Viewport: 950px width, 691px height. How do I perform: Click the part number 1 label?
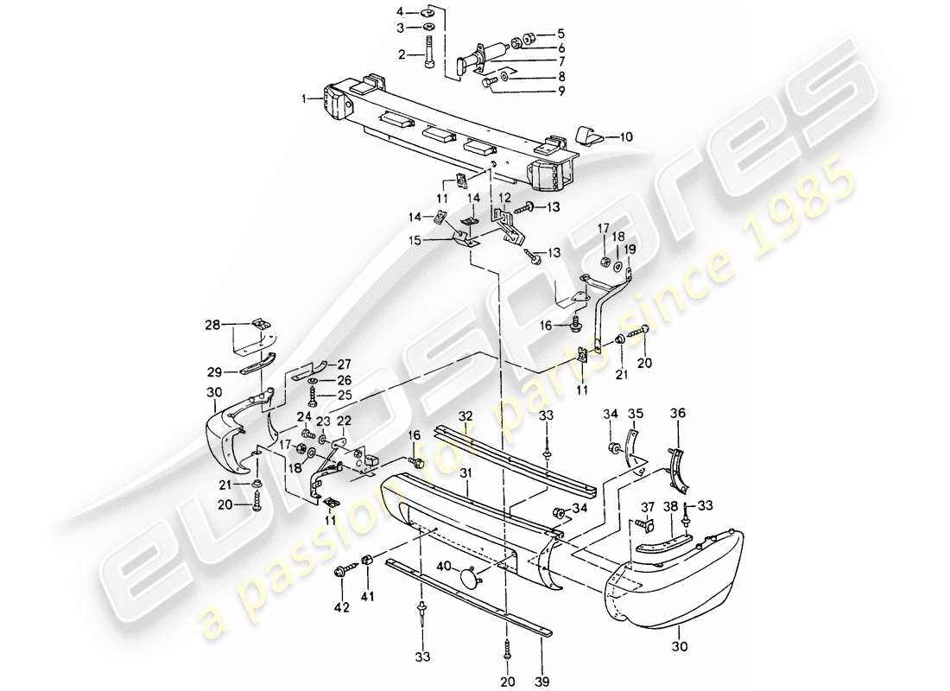coord(305,99)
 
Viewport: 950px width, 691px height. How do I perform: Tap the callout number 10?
coord(626,136)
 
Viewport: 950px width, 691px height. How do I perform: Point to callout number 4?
coord(400,12)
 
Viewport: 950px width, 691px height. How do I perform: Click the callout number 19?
coord(629,249)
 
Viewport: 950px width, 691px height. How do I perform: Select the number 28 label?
coord(212,326)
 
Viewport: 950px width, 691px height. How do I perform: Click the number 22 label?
coord(344,421)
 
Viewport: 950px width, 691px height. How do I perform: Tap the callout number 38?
coord(670,508)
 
